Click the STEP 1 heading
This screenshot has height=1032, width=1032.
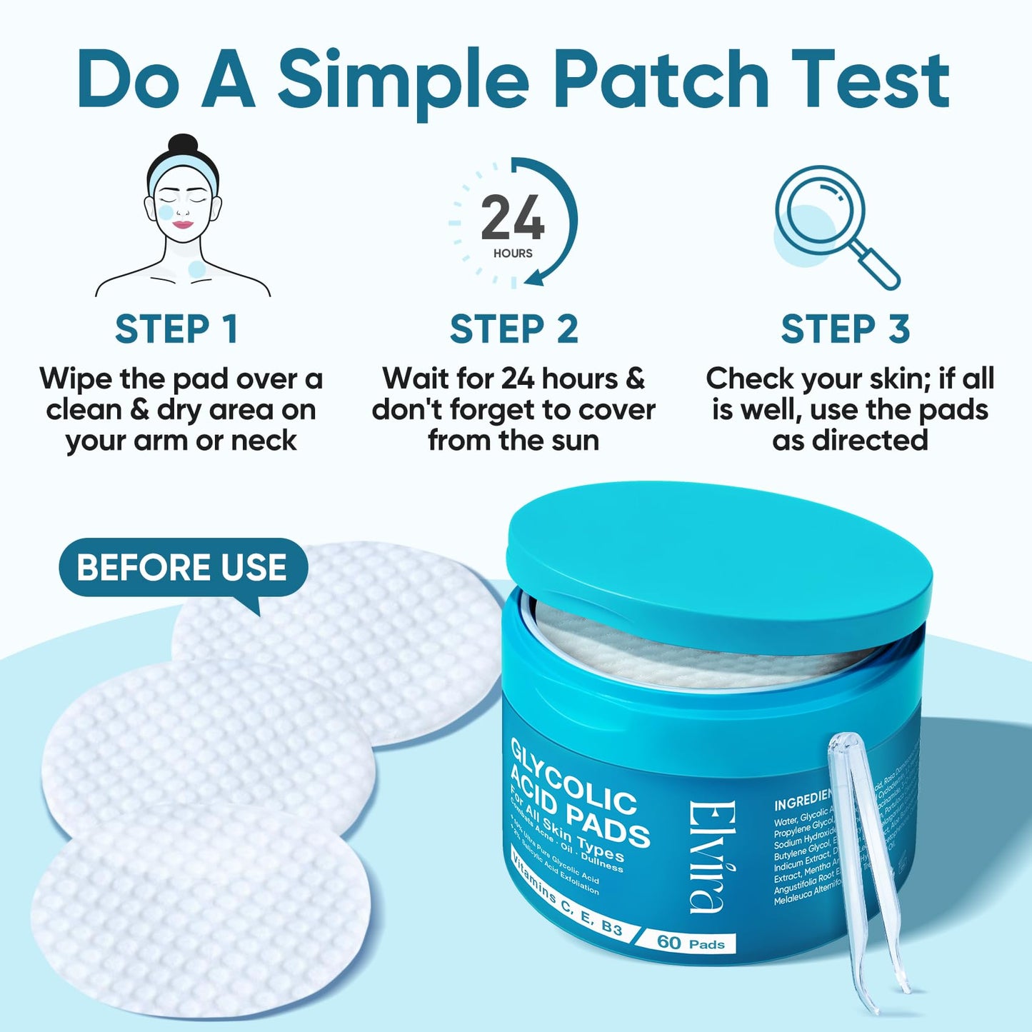[176, 329]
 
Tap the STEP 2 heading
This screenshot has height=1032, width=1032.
[514, 329]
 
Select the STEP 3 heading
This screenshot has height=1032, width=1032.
[845, 329]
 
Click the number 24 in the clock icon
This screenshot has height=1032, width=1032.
[512, 219]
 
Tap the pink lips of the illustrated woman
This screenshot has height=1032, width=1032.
[184, 224]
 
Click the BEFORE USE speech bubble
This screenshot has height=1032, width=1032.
[182, 568]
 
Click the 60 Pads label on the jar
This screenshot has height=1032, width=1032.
[690, 943]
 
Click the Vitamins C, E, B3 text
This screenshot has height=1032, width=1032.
[567, 896]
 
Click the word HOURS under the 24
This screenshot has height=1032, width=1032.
[512, 253]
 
